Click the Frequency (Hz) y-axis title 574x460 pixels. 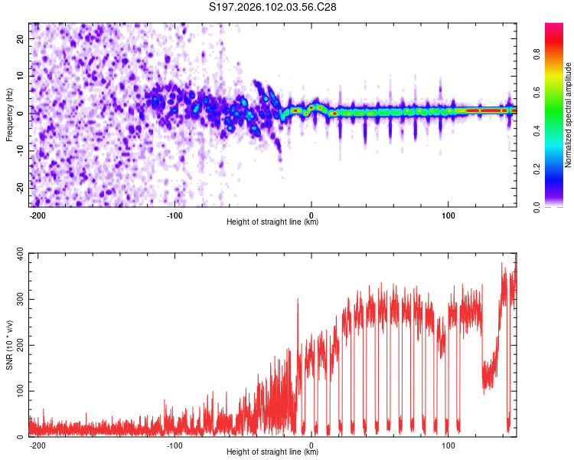click(x=9, y=114)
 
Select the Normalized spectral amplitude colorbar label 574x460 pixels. click(x=569, y=114)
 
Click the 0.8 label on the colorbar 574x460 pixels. click(x=538, y=55)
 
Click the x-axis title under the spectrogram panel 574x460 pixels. click(x=272, y=222)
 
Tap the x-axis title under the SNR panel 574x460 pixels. click(x=272, y=452)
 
